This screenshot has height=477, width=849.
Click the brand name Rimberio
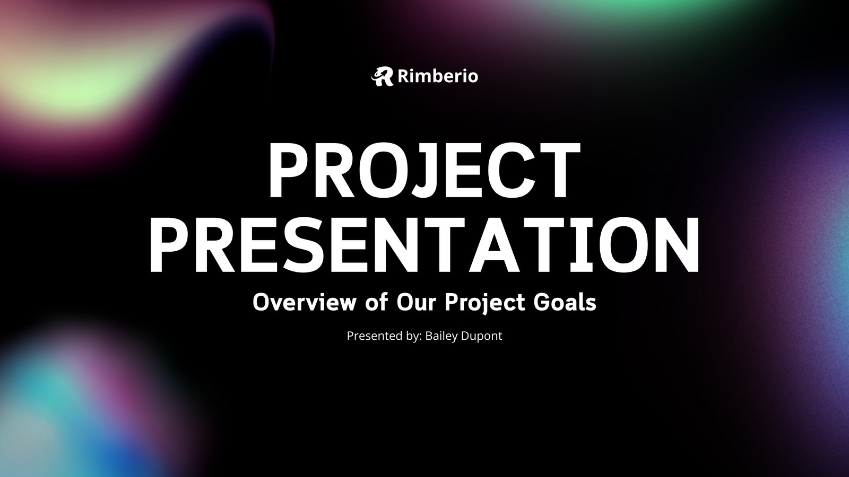click(438, 76)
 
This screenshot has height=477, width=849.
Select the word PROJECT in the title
click(424, 170)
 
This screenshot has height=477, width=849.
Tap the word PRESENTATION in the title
click(424, 244)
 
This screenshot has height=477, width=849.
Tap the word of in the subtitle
click(377, 302)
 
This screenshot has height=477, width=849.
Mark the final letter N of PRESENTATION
click(677, 244)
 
